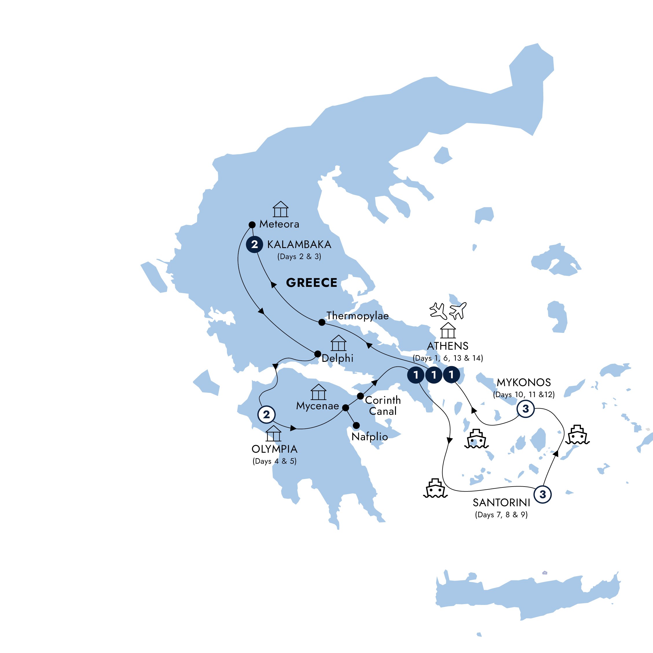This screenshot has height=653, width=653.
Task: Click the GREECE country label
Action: tap(311, 283)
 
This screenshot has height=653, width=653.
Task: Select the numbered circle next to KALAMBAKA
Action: tap(254, 244)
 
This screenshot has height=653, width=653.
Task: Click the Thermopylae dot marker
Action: tap(322, 322)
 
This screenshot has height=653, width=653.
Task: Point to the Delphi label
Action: tap(337, 358)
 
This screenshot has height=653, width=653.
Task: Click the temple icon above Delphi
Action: tap(338, 343)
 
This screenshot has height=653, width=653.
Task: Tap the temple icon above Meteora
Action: tap(280, 209)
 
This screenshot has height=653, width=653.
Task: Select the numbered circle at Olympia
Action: tap(266, 414)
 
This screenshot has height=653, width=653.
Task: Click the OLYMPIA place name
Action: tap(274, 449)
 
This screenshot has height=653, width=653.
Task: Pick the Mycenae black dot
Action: tap(345, 408)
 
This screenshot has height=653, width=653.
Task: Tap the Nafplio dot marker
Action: tap(356, 425)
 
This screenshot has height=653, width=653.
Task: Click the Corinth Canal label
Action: tap(383, 406)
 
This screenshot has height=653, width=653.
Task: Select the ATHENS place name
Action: tap(447, 346)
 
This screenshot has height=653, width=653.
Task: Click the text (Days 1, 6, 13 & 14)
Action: tap(447, 358)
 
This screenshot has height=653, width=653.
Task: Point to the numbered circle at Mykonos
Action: tap(526, 409)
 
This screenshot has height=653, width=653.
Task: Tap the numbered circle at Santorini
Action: tap(542, 494)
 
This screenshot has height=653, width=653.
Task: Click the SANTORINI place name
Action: tap(501, 502)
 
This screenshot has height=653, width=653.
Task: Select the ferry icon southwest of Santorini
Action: tap(435, 488)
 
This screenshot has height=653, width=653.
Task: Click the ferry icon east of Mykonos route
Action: tap(577, 435)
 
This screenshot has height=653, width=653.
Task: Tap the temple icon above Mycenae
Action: tap(318, 392)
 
